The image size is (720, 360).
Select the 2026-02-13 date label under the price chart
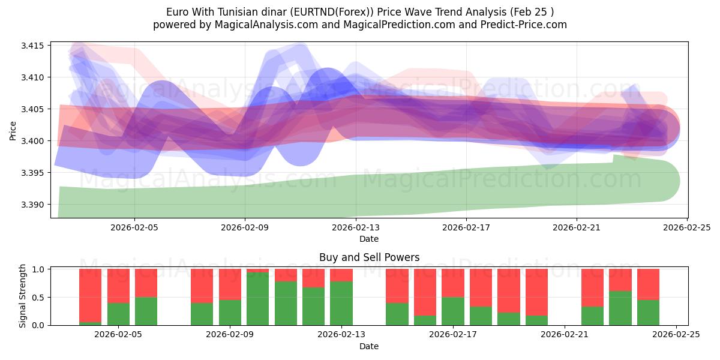tap(356, 227)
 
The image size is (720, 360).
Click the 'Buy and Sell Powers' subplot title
tap(369, 257)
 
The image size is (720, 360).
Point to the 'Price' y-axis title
tap(13, 130)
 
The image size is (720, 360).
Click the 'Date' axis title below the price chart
tap(369, 239)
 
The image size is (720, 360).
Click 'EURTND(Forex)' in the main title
tap(325, 11)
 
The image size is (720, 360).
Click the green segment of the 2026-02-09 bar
tap(257, 299)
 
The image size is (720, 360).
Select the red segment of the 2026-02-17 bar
tap(453, 283)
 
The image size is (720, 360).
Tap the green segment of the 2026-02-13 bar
tap(341, 303)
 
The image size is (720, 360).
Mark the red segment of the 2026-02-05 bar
tap(118, 286)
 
